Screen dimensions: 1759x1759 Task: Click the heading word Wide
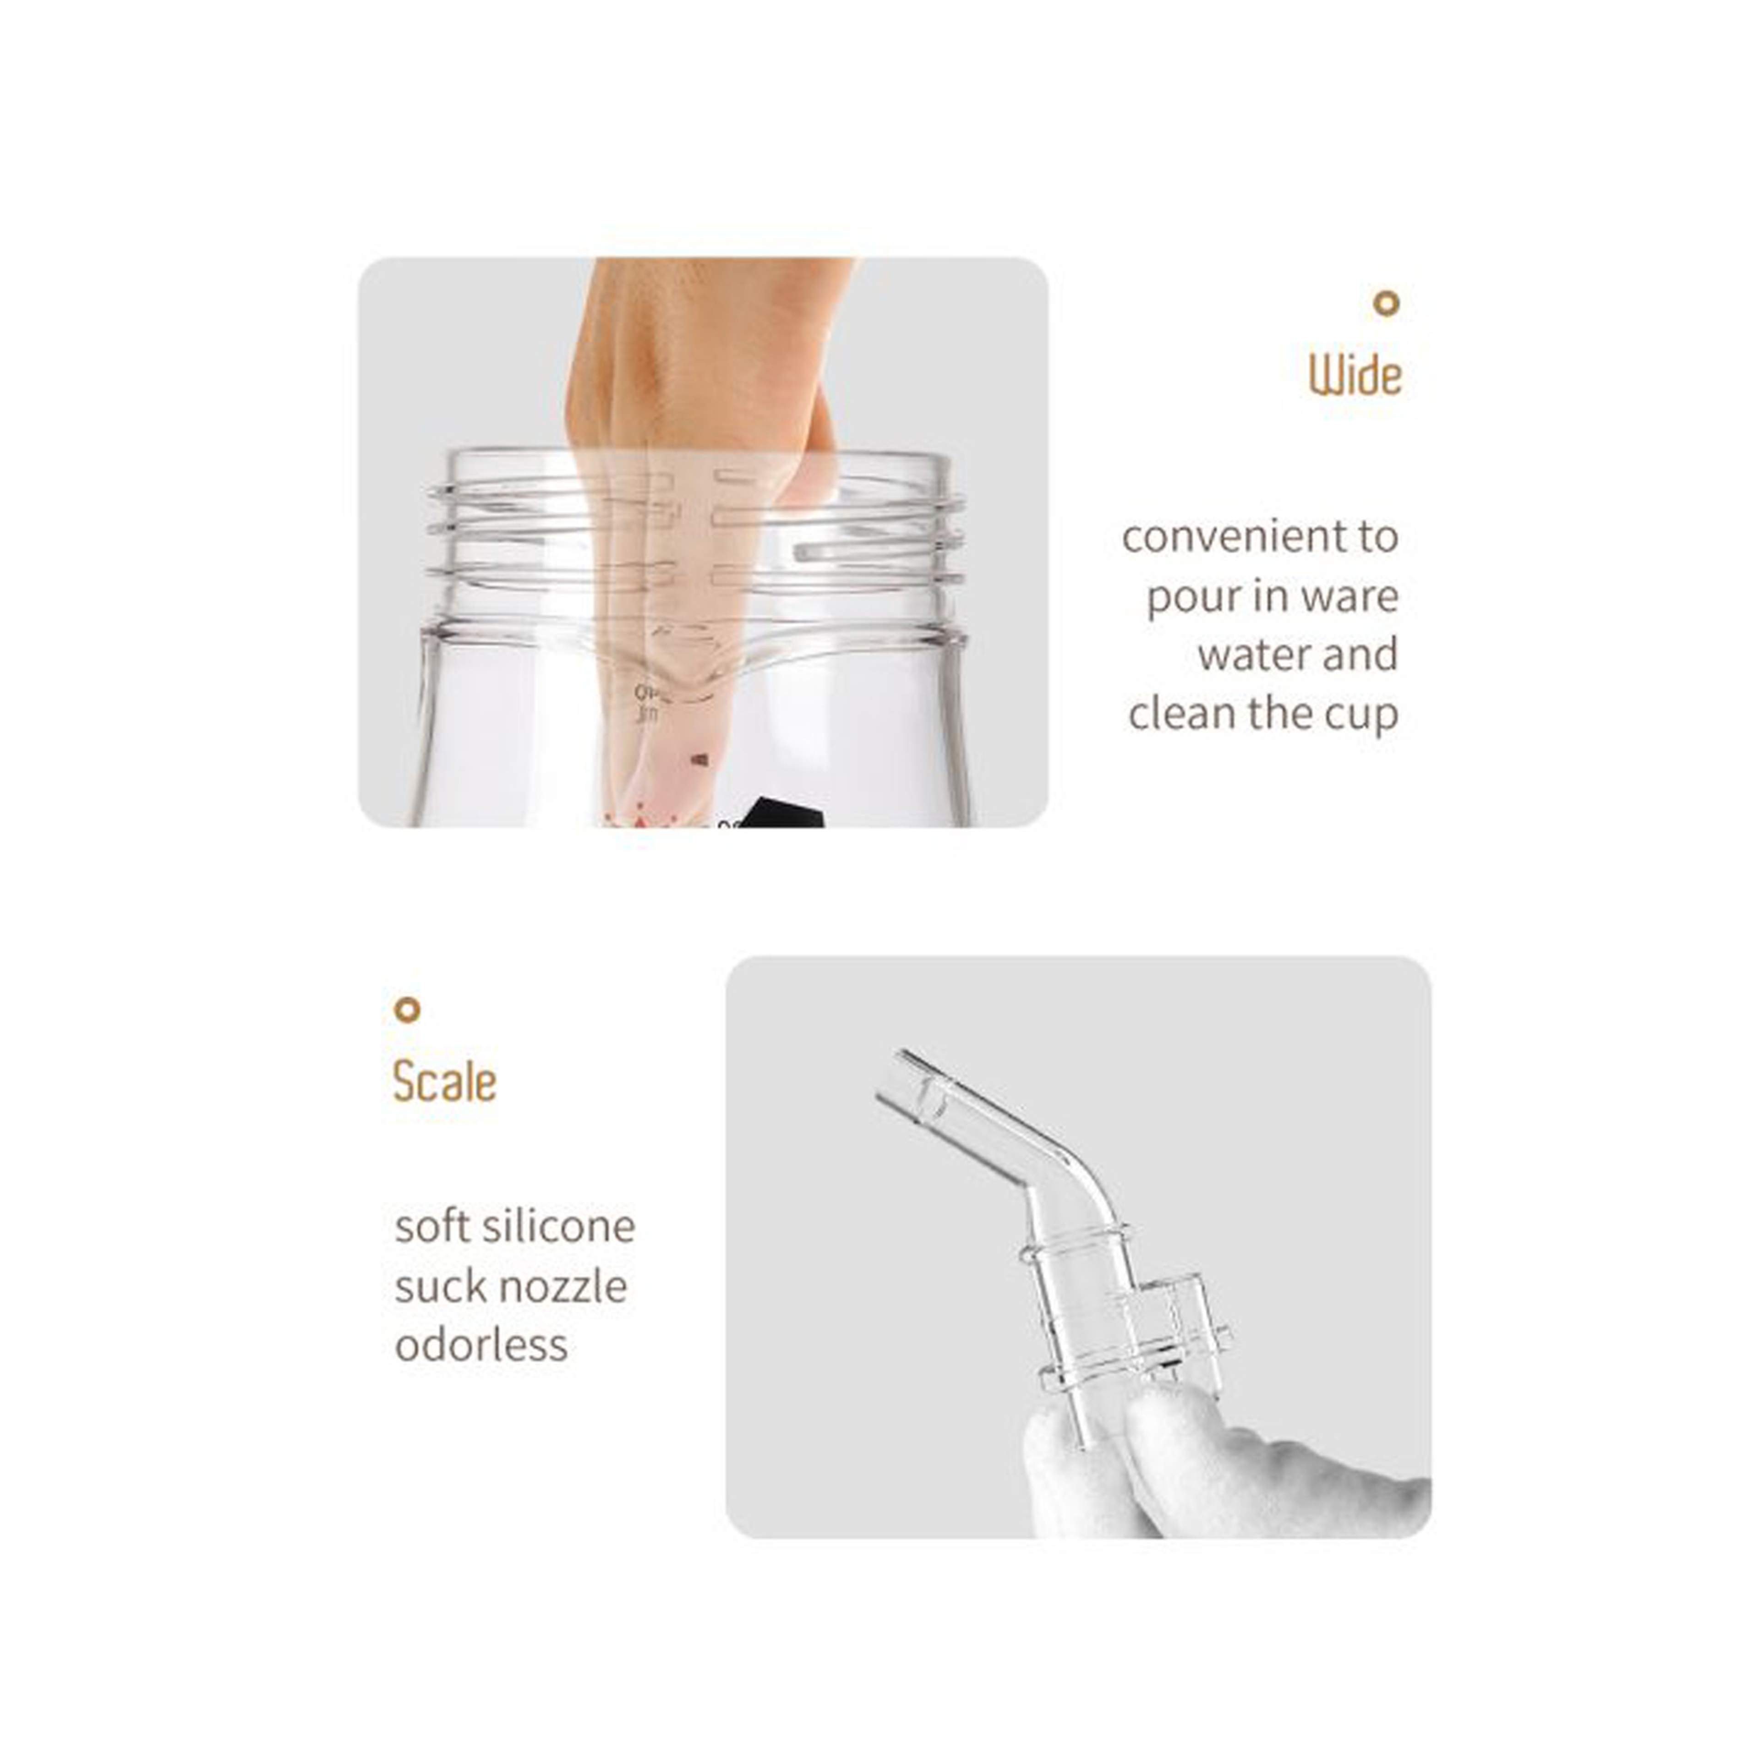[1355, 375]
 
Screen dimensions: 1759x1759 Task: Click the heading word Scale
[444, 1082]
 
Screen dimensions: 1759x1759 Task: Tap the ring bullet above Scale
[407, 1010]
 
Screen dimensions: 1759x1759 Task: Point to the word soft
[432, 1226]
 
